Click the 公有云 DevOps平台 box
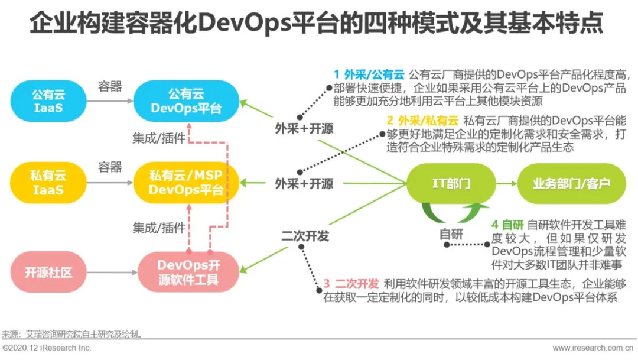(186, 101)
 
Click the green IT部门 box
(450, 183)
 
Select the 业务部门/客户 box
(571, 183)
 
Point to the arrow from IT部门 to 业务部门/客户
(506, 183)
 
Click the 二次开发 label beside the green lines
(305, 236)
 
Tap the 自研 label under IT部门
(451, 234)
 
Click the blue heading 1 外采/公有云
(369, 74)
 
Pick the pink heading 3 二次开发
(351, 284)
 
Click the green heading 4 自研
(507, 225)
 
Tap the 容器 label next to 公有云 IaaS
(110, 87)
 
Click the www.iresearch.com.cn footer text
(593, 348)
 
